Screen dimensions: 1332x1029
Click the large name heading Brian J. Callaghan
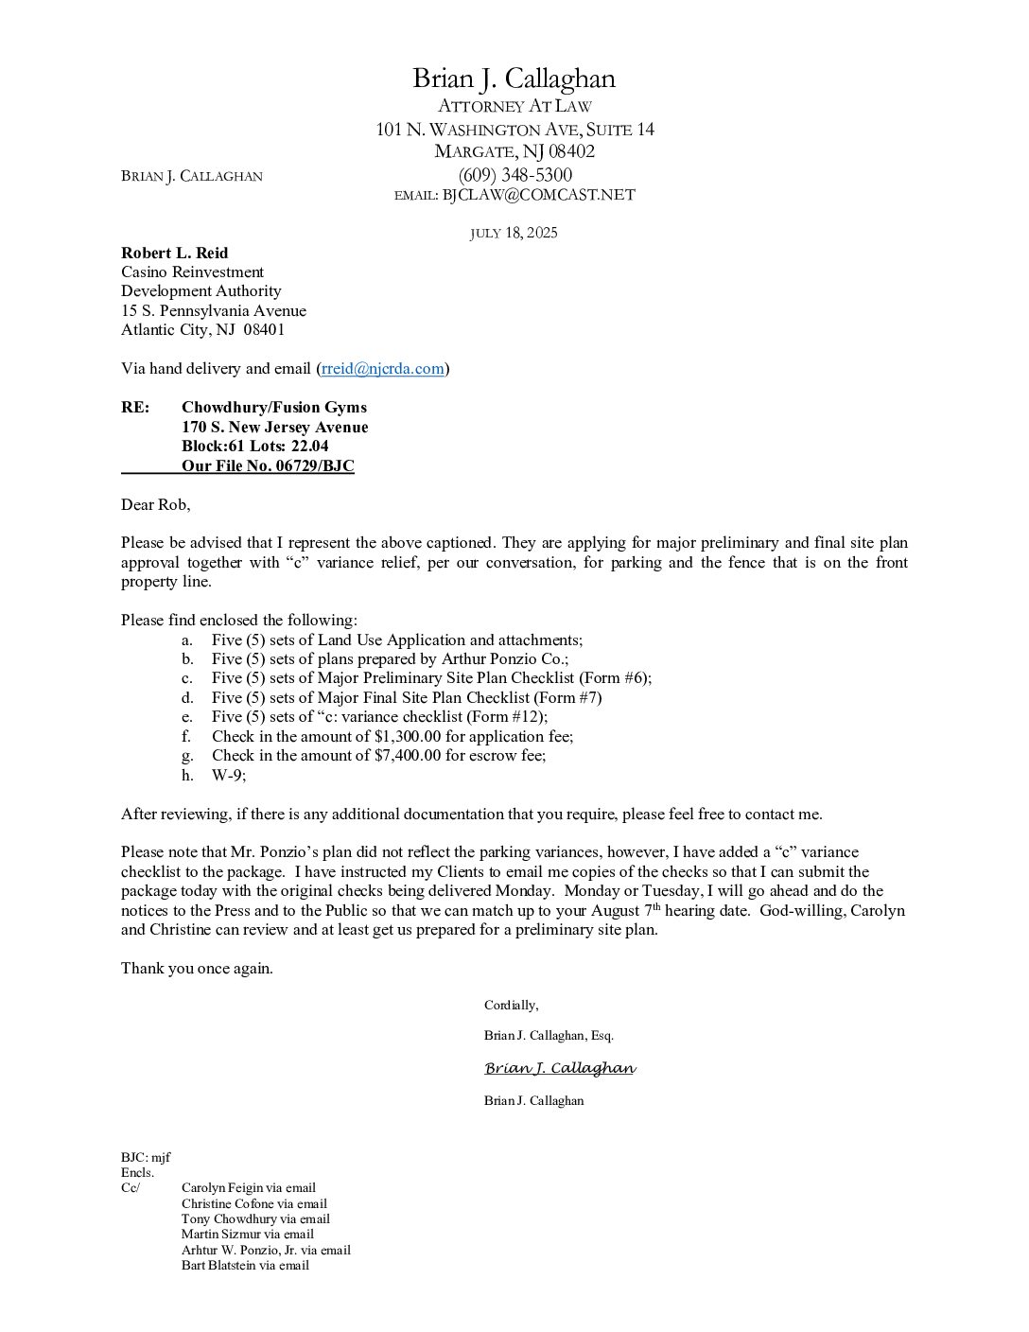click(514, 79)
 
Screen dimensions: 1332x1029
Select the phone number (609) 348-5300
click(514, 175)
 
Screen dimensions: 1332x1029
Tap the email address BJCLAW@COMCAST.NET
click(538, 195)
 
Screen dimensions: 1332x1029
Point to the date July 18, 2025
click(514, 233)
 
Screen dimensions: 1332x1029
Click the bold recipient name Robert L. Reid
click(174, 253)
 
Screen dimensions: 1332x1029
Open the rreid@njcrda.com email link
click(382, 369)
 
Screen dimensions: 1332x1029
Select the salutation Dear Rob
click(155, 504)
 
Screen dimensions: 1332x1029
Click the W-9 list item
click(228, 775)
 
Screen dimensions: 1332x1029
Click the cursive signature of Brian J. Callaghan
click(559, 1068)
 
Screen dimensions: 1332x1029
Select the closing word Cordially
click(511, 1005)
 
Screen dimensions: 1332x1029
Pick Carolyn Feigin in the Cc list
click(221, 1187)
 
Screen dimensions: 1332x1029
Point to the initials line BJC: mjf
click(146, 1157)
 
